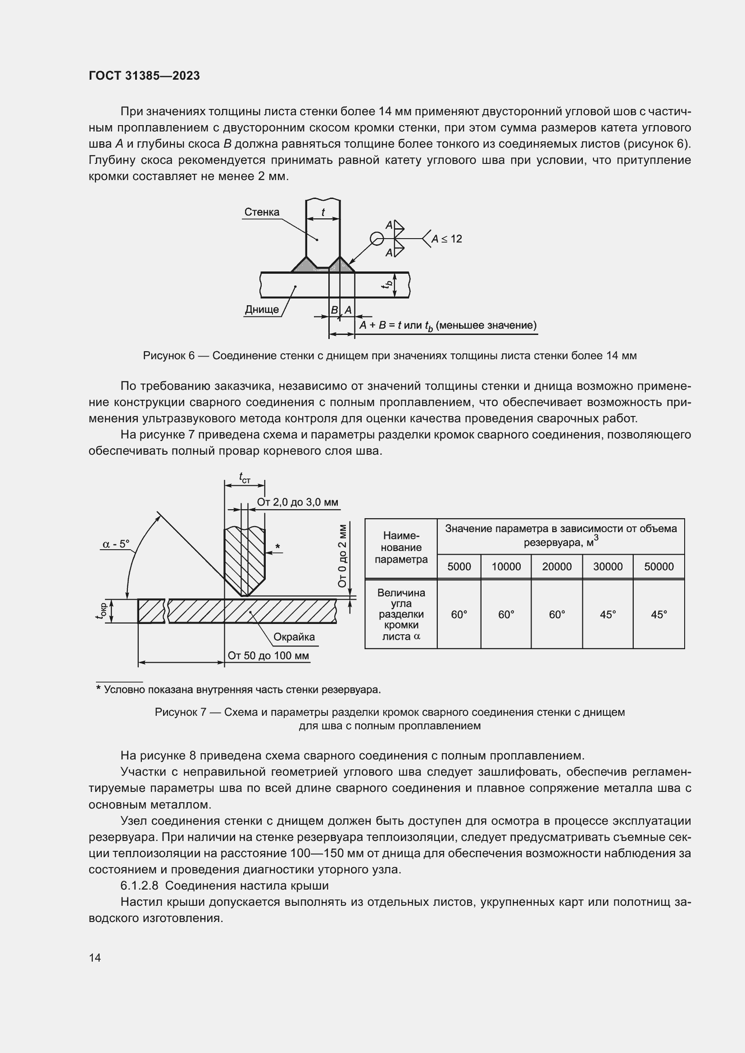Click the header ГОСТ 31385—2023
pos(144,76)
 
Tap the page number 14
pos(95,958)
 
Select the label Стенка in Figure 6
pos(262,212)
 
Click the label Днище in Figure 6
pos(262,310)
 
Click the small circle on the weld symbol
pos(377,239)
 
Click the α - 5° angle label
pos(116,544)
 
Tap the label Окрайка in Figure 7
pos(294,637)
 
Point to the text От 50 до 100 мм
pos(268,655)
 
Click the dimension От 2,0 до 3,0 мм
pos(297,502)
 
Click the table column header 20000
pos(556,566)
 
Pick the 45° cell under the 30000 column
pos(607,615)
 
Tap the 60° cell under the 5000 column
pos(459,615)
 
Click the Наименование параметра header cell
pos(401,547)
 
